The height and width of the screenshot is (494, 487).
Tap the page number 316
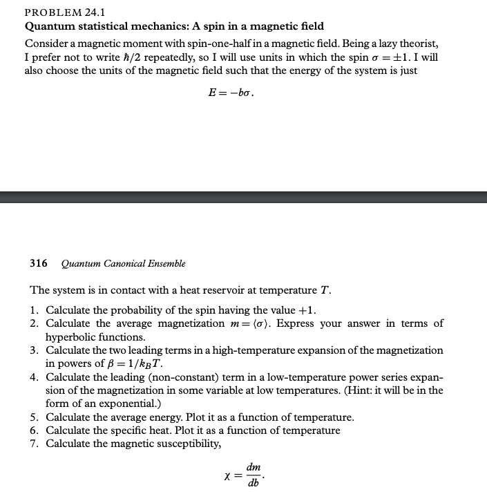pos(39,263)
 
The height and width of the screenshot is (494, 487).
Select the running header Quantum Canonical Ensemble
pos(124,263)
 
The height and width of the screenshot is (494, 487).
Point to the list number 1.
pos(34,309)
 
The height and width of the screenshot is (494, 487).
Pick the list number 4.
pos(34,378)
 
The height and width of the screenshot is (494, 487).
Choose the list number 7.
pos(34,444)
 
